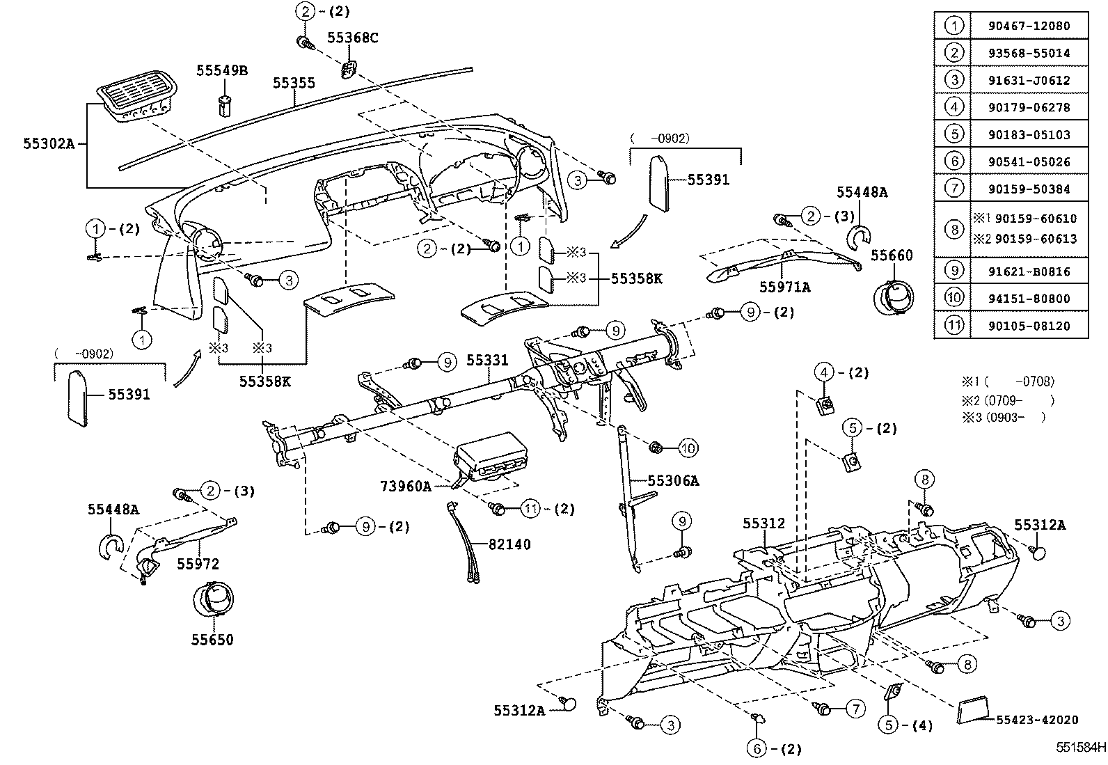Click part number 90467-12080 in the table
(x=1028, y=26)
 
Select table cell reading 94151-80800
(x=1028, y=299)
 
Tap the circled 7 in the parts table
(x=953, y=189)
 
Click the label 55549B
(x=222, y=70)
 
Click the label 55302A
(x=48, y=144)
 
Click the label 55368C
(x=353, y=38)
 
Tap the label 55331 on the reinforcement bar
(x=487, y=361)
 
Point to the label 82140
(x=509, y=544)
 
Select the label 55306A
(x=673, y=480)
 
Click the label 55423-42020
(x=1037, y=720)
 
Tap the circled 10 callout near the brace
(x=688, y=448)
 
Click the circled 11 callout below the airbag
(x=531, y=509)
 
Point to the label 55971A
(x=784, y=287)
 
